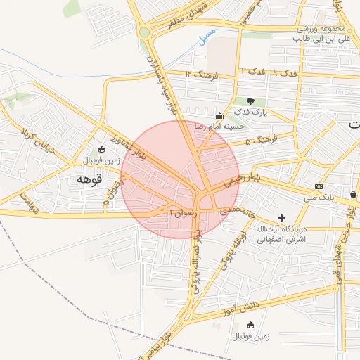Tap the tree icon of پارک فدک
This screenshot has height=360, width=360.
250,102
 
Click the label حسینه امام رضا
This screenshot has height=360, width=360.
220,127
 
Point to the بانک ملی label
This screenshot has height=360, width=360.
319,198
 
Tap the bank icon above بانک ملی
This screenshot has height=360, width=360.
319,186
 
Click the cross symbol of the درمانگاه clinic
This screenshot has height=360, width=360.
282,219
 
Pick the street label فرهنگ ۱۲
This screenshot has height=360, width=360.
199,73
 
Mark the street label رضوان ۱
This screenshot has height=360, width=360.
180,210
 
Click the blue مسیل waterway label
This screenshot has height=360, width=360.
205,41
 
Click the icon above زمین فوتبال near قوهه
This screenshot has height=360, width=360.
102,149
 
